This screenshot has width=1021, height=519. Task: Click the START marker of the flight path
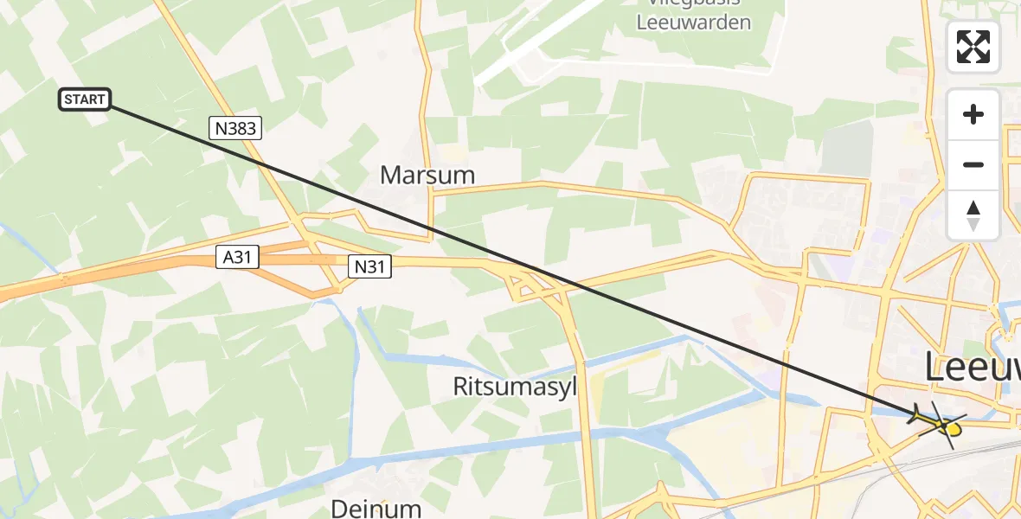click(85, 99)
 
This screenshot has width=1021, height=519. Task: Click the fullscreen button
click(973, 47)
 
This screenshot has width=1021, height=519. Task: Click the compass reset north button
click(973, 215)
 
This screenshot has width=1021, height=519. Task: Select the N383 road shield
click(235, 129)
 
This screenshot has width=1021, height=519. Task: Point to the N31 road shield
click(370, 267)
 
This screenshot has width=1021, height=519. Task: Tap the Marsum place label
click(427, 176)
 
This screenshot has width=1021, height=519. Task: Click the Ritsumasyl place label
click(515, 386)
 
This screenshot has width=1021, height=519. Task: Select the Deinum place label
click(376, 508)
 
